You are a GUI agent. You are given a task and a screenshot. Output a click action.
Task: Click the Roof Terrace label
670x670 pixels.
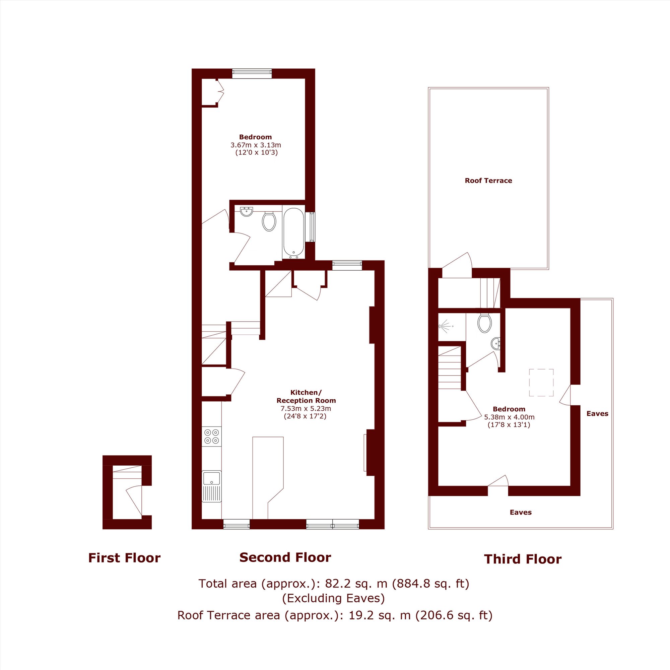pyautogui.click(x=488, y=181)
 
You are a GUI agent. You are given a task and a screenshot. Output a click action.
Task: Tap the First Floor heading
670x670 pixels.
pyautogui.click(x=124, y=558)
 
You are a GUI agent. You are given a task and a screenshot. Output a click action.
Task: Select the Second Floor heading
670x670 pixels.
pyautogui.click(x=285, y=557)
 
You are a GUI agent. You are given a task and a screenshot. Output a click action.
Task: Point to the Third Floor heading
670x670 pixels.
pyautogui.click(x=523, y=559)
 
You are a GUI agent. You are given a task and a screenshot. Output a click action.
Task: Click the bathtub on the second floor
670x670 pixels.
pyautogui.click(x=294, y=233)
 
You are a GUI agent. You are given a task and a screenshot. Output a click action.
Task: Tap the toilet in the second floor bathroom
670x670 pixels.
pyautogui.click(x=269, y=221)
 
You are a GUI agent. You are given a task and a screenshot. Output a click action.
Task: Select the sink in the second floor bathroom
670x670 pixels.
pyautogui.click(x=247, y=211)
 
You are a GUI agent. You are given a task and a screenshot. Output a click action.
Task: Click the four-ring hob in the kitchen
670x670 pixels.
pyautogui.click(x=211, y=436)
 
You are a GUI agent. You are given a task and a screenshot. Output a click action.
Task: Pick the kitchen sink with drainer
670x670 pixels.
pyautogui.click(x=211, y=486)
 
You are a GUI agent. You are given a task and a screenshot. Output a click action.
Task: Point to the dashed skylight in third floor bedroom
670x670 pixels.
pyautogui.click(x=541, y=383)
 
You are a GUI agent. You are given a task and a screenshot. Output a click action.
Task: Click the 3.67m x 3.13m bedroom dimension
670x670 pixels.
pyautogui.click(x=256, y=145)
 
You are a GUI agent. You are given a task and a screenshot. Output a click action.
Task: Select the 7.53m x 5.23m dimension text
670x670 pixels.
pyautogui.click(x=306, y=408)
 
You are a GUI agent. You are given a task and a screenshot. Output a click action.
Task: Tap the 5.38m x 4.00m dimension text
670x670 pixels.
pyautogui.click(x=509, y=417)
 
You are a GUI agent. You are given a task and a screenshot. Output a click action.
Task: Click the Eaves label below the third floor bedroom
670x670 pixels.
pyautogui.click(x=521, y=512)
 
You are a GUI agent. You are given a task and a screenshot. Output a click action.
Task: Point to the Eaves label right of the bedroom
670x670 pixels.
pyautogui.click(x=597, y=413)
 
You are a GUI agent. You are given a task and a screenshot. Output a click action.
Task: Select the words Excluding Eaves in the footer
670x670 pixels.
pyautogui.click(x=333, y=598)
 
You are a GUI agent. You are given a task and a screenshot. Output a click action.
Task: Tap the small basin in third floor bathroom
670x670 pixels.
pyautogui.click(x=496, y=344)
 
